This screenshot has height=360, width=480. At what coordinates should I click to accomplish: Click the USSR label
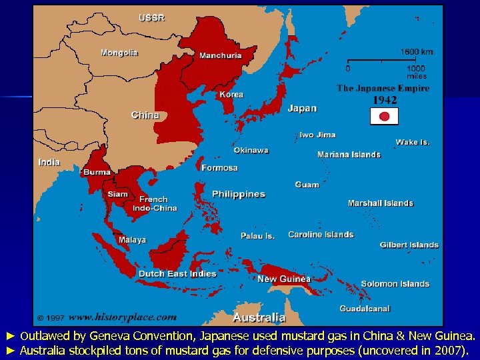point(151,18)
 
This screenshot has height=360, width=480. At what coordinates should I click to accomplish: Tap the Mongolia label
point(119,52)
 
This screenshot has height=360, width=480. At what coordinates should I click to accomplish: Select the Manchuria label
point(221,55)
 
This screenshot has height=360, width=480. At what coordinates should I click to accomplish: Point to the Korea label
point(231,95)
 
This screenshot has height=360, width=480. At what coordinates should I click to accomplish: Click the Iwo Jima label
point(317,135)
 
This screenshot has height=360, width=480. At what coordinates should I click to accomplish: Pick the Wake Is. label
point(413,142)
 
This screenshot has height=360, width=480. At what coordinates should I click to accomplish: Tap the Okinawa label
point(251,151)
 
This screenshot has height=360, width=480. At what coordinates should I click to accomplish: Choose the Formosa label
point(219,168)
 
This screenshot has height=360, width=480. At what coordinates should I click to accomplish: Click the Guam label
point(307,185)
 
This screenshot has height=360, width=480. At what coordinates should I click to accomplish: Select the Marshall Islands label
point(380,203)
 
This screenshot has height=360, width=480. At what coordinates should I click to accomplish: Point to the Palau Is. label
point(257,236)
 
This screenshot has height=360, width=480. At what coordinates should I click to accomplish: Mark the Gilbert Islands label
point(409,245)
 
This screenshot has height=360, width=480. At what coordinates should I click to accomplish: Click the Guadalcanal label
point(365,309)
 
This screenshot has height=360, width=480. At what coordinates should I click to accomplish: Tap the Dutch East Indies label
point(177,273)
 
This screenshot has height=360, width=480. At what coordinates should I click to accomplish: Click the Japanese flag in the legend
point(384,117)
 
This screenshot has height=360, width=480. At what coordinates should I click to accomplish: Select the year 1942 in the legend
point(384,100)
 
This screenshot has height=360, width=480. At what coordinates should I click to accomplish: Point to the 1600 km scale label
point(417,51)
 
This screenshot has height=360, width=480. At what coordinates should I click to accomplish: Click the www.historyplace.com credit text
point(123,317)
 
